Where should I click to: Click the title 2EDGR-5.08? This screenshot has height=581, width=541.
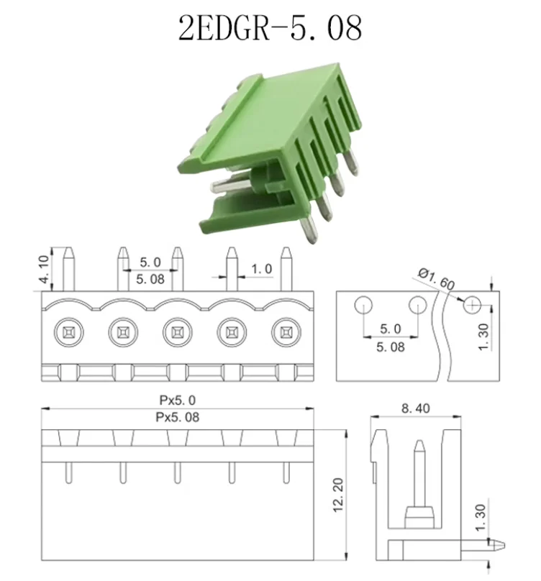click(270, 28)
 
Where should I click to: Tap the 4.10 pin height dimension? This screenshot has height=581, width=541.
click(44, 270)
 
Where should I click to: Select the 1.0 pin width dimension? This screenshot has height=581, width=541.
click(262, 269)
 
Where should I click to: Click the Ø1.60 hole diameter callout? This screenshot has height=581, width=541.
click(436, 279)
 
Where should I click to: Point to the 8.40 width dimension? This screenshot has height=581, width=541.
click(416, 408)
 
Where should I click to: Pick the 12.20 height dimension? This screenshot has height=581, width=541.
click(338, 495)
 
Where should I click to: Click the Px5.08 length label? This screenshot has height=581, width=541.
click(177, 417)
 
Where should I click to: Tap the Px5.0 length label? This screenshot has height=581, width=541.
click(177, 401)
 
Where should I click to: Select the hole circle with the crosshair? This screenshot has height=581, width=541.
click(472, 306)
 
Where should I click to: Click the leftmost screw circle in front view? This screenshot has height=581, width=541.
click(68, 332)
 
